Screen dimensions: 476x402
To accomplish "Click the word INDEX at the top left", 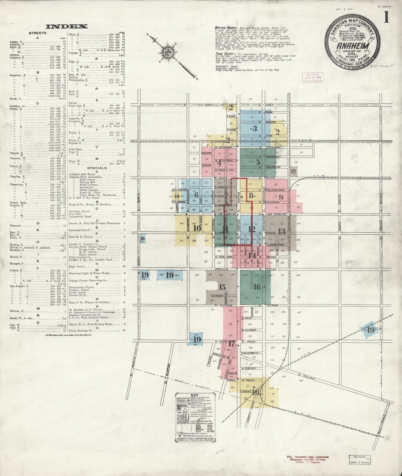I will [67, 27].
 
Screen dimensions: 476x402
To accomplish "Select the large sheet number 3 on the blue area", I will [254, 128].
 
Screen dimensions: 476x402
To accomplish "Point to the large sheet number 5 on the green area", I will [258, 162].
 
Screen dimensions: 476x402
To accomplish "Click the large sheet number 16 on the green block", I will [257, 286].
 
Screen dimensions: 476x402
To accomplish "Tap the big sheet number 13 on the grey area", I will [282, 231].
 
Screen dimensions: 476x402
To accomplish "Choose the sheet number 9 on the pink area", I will [281, 197].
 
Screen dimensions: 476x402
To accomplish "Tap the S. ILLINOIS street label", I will [249, 330].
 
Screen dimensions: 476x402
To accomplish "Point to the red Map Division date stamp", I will [313, 77].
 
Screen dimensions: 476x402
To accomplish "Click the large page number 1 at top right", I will [387, 18].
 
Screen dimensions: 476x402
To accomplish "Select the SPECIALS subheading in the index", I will [97, 168].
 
